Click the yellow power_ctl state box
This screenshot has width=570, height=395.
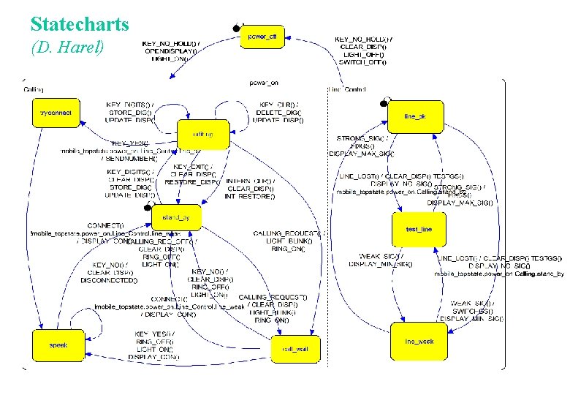pos(262,37)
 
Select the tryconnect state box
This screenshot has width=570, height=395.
pos(56,113)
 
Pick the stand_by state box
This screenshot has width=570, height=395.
pos(176,217)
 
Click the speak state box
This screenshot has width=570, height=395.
pos(58,345)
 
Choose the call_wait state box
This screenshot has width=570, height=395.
pos(295,350)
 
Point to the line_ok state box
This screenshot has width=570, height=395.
pos(415,117)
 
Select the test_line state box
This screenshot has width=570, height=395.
pos(419,230)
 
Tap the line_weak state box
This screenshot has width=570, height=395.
pos(419,342)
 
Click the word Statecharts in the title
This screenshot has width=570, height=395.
pos(80,25)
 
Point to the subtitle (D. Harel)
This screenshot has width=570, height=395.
pos(69,48)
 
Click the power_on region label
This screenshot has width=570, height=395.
pos(263,83)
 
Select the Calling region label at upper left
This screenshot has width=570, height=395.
pos(34,89)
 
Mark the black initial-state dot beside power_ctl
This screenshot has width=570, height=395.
pos(236,29)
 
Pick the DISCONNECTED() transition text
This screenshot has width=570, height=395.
pos(109,280)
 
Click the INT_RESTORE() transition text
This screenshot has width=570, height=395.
pos(250,196)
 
